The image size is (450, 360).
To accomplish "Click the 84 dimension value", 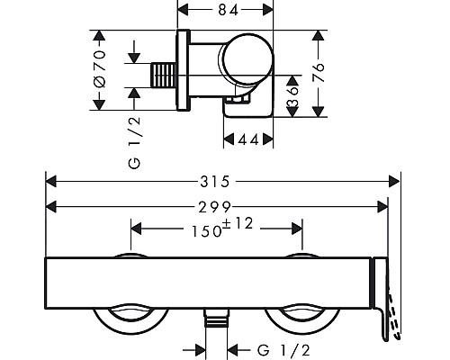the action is point(228,10).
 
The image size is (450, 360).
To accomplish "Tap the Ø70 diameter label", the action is point(100,68).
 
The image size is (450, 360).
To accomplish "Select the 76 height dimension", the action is point(319,72).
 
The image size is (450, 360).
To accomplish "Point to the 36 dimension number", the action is point(292,96).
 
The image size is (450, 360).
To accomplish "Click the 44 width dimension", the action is point(248,139).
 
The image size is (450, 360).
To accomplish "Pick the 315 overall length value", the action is point(215,182).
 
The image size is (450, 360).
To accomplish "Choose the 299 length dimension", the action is point(215,207).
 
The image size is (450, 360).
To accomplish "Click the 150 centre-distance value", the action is point(207,231).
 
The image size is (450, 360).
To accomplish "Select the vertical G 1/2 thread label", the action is point(134,142).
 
